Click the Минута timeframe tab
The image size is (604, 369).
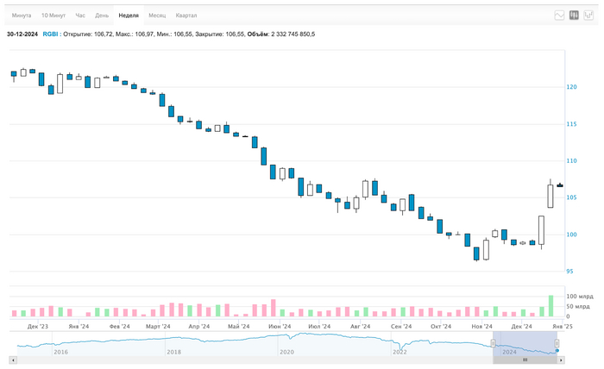click(x=22, y=16)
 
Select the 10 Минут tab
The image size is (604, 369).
click(x=53, y=16)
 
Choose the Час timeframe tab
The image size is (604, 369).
click(x=80, y=16)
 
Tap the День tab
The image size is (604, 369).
click(x=102, y=16)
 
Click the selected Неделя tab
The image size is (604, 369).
click(x=129, y=16)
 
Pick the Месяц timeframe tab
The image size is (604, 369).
click(x=157, y=16)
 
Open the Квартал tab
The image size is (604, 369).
click(x=186, y=16)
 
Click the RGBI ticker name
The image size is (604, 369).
click(x=50, y=34)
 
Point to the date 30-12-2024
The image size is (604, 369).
click(x=22, y=34)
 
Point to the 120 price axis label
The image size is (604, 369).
click(x=571, y=87)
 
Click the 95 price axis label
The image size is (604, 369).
click(x=569, y=272)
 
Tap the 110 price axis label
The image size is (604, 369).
click(x=571, y=161)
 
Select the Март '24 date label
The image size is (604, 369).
click(x=158, y=327)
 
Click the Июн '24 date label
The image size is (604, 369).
click(x=280, y=327)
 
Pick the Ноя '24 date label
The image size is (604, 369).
click(x=481, y=327)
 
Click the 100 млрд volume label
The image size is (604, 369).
click(x=580, y=297)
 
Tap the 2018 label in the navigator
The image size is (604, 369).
click(x=173, y=352)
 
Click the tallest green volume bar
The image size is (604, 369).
click(x=551, y=306)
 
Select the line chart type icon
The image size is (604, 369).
click(x=560, y=16)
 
